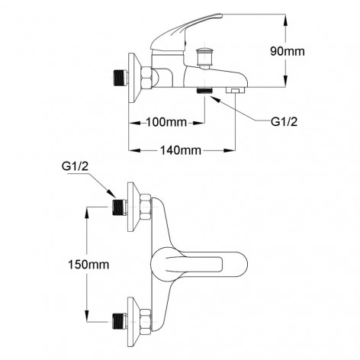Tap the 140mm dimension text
tap(182, 149)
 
